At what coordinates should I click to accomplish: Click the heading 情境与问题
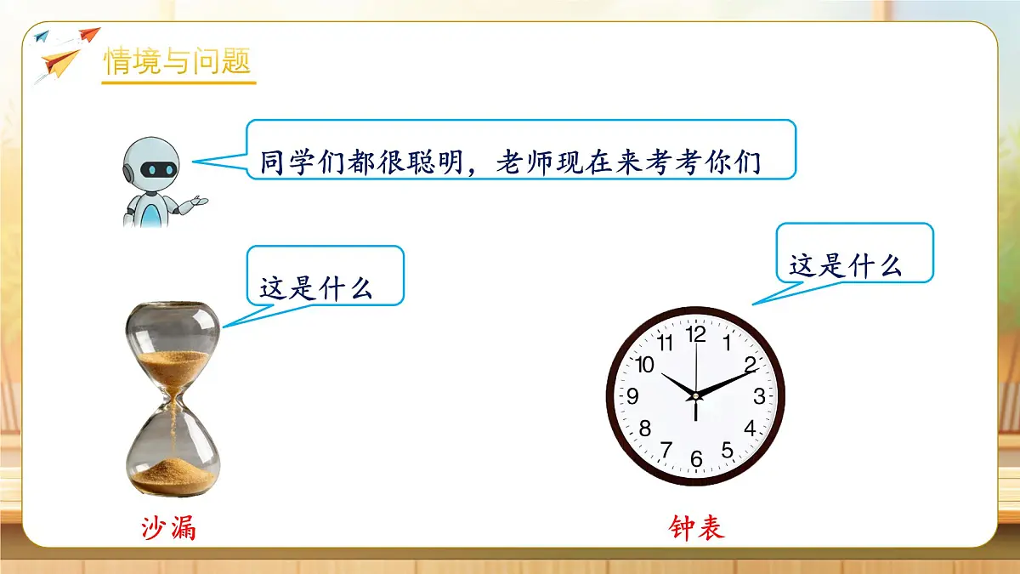(178, 61)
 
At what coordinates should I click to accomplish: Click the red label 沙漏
(168, 529)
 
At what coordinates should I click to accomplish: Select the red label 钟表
(697, 529)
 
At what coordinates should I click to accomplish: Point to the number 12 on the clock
(696, 334)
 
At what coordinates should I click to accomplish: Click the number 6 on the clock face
(696, 460)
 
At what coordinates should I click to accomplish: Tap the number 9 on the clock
(632, 397)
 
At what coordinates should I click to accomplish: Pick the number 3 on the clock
(759, 396)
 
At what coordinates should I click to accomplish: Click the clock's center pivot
(695, 396)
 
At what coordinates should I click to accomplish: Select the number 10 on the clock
(645, 365)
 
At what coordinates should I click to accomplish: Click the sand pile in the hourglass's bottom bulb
(173, 474)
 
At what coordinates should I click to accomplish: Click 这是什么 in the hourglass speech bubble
(316, 287)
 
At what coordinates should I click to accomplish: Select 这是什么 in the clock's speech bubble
(845, 265)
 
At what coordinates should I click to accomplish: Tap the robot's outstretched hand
(197, 202)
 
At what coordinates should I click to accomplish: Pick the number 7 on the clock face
(666, 449)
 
